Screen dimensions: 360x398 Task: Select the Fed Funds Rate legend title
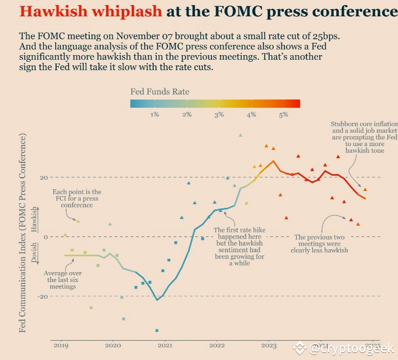click(x=159, y=92)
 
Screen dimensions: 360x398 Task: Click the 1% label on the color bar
click(x=154, y=115)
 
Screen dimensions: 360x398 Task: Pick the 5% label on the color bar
click(x=284, y=115)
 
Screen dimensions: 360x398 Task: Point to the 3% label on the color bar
click(x=219, y=115)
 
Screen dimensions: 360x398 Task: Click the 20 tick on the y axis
click(x=44, y=178)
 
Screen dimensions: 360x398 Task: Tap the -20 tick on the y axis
click(x=43, y=296)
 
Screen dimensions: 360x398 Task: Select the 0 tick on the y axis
click(x=45, y=237)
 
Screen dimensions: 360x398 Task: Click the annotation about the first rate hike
click(x=240, y=247)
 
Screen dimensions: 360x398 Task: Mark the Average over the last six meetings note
click(x=61, y=279)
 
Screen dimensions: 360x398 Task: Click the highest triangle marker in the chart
click(x=240, y=135)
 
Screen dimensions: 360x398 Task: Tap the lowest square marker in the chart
click(x=157, y=330)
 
